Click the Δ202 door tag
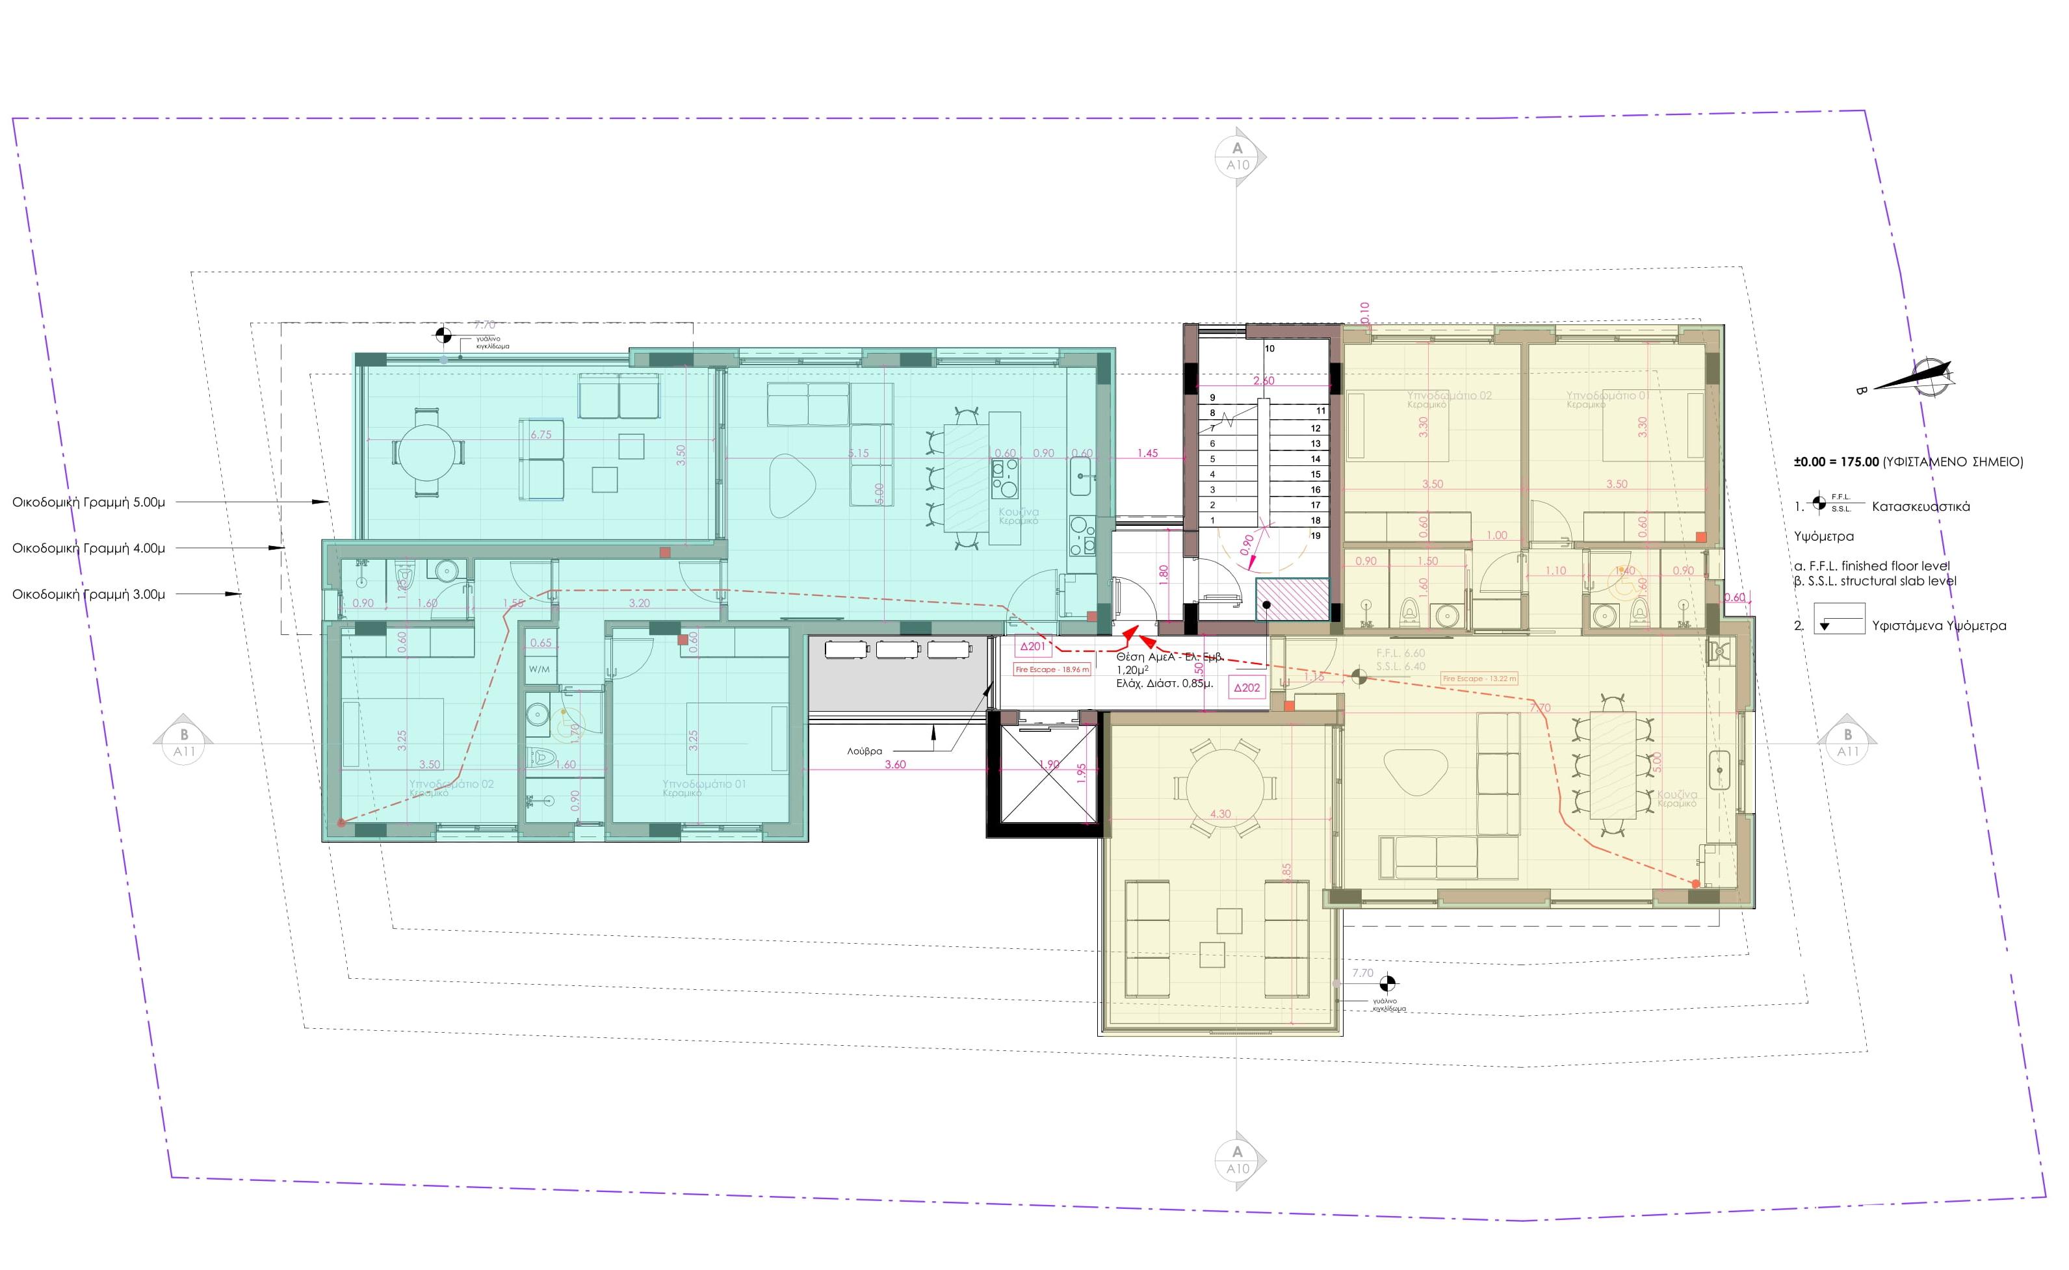[1247, 687]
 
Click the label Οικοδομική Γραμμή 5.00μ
[88, 502]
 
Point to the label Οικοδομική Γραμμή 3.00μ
[88, 594]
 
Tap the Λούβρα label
[865, 751]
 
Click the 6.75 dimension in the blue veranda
[541, 435]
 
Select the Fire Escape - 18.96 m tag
[1052, 669]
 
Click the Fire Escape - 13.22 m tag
[1479, 679]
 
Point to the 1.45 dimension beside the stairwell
[1147, 454]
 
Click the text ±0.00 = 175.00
[1836, 462]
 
